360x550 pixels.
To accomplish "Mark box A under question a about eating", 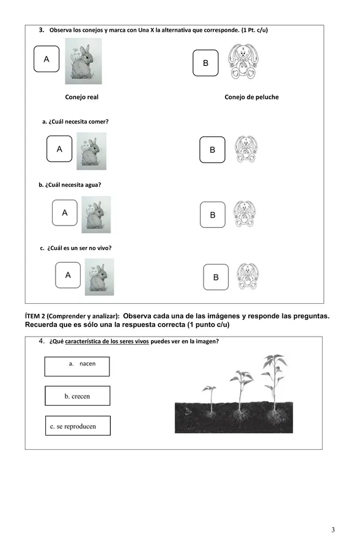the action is [59, 148].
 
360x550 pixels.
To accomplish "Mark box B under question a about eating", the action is [212, 150].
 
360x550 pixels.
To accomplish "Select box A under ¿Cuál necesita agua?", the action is [65, 213].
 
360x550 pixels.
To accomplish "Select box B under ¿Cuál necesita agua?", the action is [213, 215].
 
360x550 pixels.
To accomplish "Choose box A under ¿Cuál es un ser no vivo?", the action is [68, 276].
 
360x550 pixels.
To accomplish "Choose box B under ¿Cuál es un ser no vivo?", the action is [216, 277].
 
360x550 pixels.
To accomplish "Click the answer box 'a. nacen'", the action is [77, 367].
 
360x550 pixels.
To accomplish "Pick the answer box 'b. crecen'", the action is [78, 395].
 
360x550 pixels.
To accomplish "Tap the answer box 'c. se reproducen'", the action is [78, 425].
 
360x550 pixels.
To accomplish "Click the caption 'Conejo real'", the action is [82, 97].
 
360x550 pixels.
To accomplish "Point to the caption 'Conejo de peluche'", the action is [252, 97].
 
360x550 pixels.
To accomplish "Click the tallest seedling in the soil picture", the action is [274, 386].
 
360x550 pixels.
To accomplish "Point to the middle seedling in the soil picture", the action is [241, 393].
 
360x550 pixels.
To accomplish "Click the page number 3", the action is [333, 530].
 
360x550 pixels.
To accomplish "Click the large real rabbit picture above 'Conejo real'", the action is [84, 61].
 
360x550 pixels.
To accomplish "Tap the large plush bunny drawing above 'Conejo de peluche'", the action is [243, 61].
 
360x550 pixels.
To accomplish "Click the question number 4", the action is [42, 341].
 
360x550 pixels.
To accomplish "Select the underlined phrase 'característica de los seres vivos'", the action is [107, 341].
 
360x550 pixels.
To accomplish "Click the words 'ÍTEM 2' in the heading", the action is [35, 316].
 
